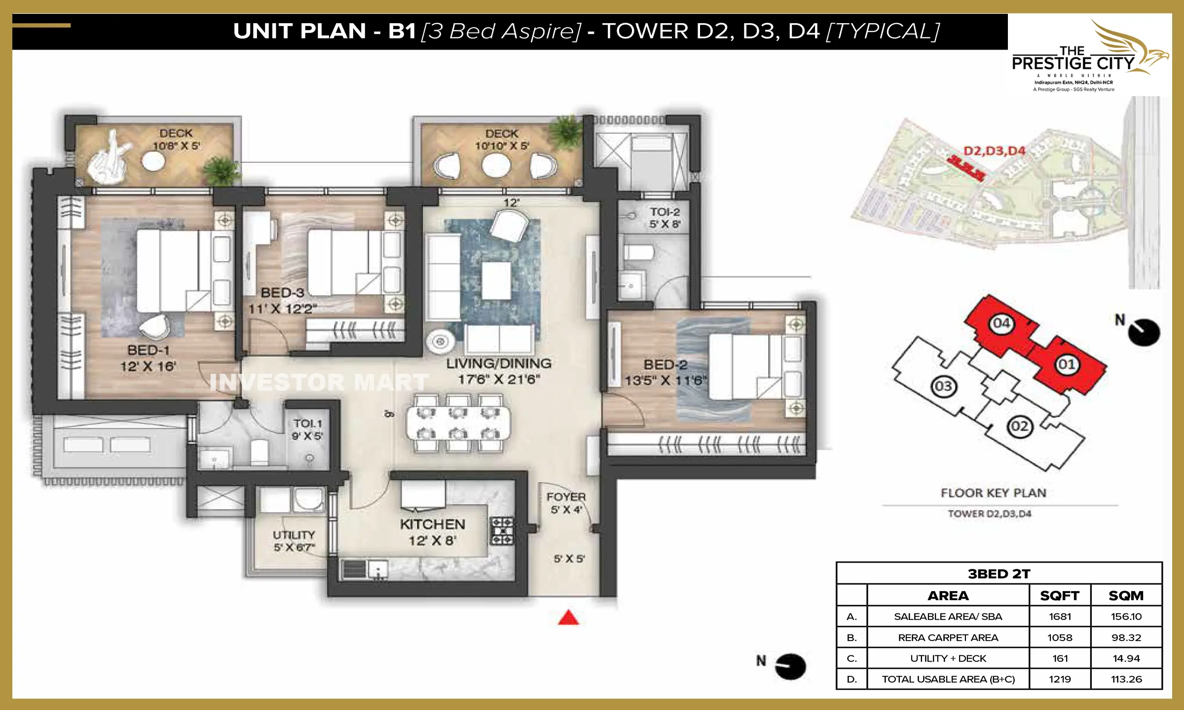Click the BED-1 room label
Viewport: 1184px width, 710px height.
point(148,350)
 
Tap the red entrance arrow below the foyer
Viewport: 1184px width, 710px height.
point(568,618)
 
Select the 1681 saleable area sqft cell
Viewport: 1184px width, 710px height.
point(1060,616)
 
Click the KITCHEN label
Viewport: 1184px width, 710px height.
point(432,524)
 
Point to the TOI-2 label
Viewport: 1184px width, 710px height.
point(665,212)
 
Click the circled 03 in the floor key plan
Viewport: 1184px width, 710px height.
point(943,386)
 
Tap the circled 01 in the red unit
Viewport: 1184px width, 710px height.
point(1066,364)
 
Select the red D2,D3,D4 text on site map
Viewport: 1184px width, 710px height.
point(994,151)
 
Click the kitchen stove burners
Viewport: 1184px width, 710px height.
point(502,531)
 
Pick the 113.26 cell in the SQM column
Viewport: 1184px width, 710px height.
point(1126,679)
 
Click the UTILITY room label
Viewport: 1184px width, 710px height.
point(294,535)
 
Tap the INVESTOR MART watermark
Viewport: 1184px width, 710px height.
point(318,382)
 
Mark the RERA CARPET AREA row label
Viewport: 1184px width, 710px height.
point(948,638)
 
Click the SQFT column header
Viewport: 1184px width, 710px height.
point(1060,596)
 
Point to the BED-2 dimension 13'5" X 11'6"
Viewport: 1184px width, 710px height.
point(666,381)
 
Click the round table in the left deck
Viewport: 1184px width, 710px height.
point(153,161)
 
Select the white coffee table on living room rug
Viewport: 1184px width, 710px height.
point(496,281)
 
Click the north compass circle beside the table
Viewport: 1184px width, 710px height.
point(790,667)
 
